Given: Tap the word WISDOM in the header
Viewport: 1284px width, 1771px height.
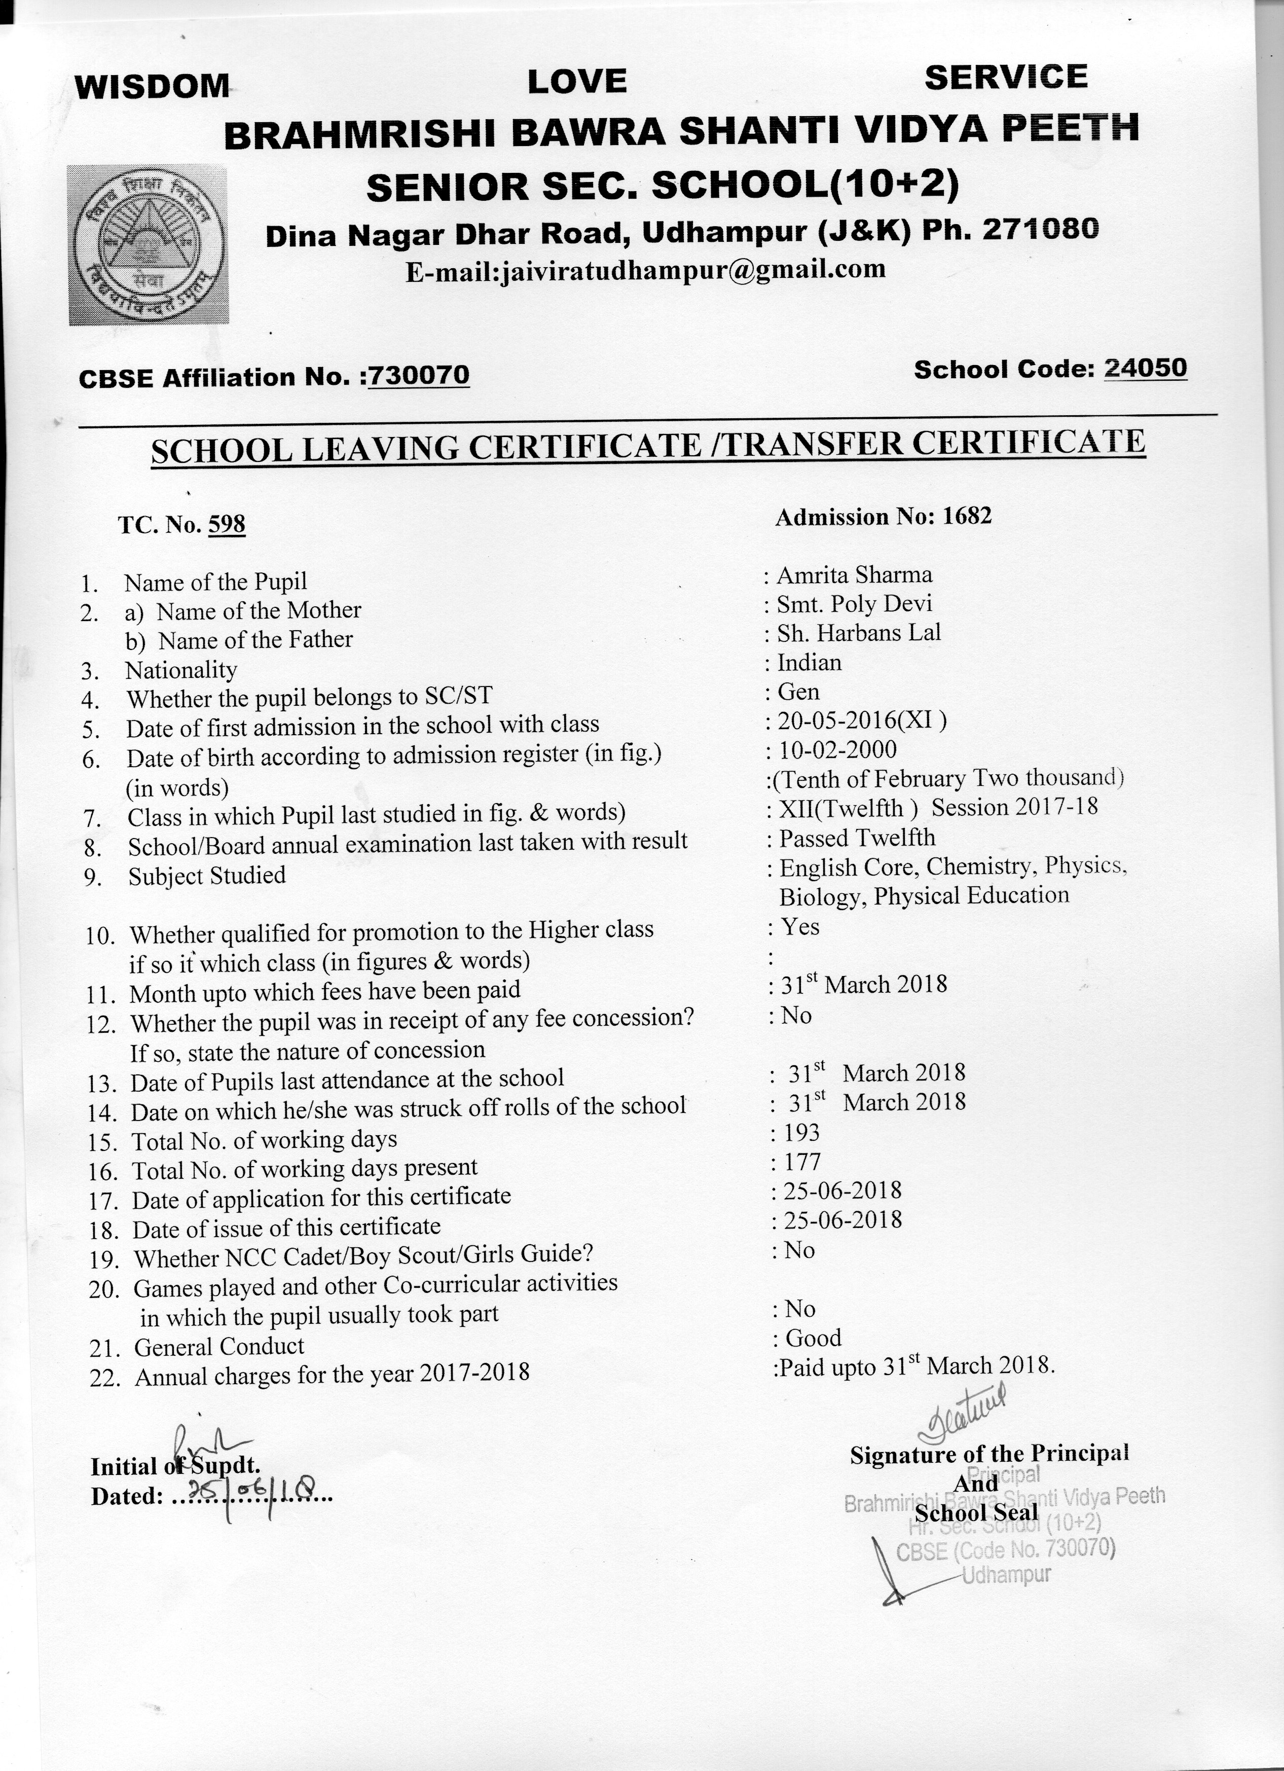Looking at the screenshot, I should click(x=152, y=86).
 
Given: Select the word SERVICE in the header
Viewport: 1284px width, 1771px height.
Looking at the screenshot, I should click(x=1005, y=77).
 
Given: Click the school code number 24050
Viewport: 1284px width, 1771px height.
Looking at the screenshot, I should click(x=1145, y=368).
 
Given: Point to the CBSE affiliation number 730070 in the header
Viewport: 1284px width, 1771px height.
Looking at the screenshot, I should click(x=419, y=376).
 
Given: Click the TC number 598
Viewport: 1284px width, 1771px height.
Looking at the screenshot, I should click(x=227, y=524).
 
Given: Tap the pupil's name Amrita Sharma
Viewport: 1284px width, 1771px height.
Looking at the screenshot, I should click(x=854, y=575).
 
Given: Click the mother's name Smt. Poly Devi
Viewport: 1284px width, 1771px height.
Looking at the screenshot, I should click(x=854, y=604).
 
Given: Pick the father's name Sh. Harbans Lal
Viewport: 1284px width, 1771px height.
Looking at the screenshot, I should click(x=859, y=633).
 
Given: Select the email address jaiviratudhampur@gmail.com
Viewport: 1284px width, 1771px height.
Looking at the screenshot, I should click(x=645, y=270).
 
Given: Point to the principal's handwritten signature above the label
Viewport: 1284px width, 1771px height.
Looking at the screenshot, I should click(x=964, y=1414).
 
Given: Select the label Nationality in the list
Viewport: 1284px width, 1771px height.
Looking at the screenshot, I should click(x=181, y=670).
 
